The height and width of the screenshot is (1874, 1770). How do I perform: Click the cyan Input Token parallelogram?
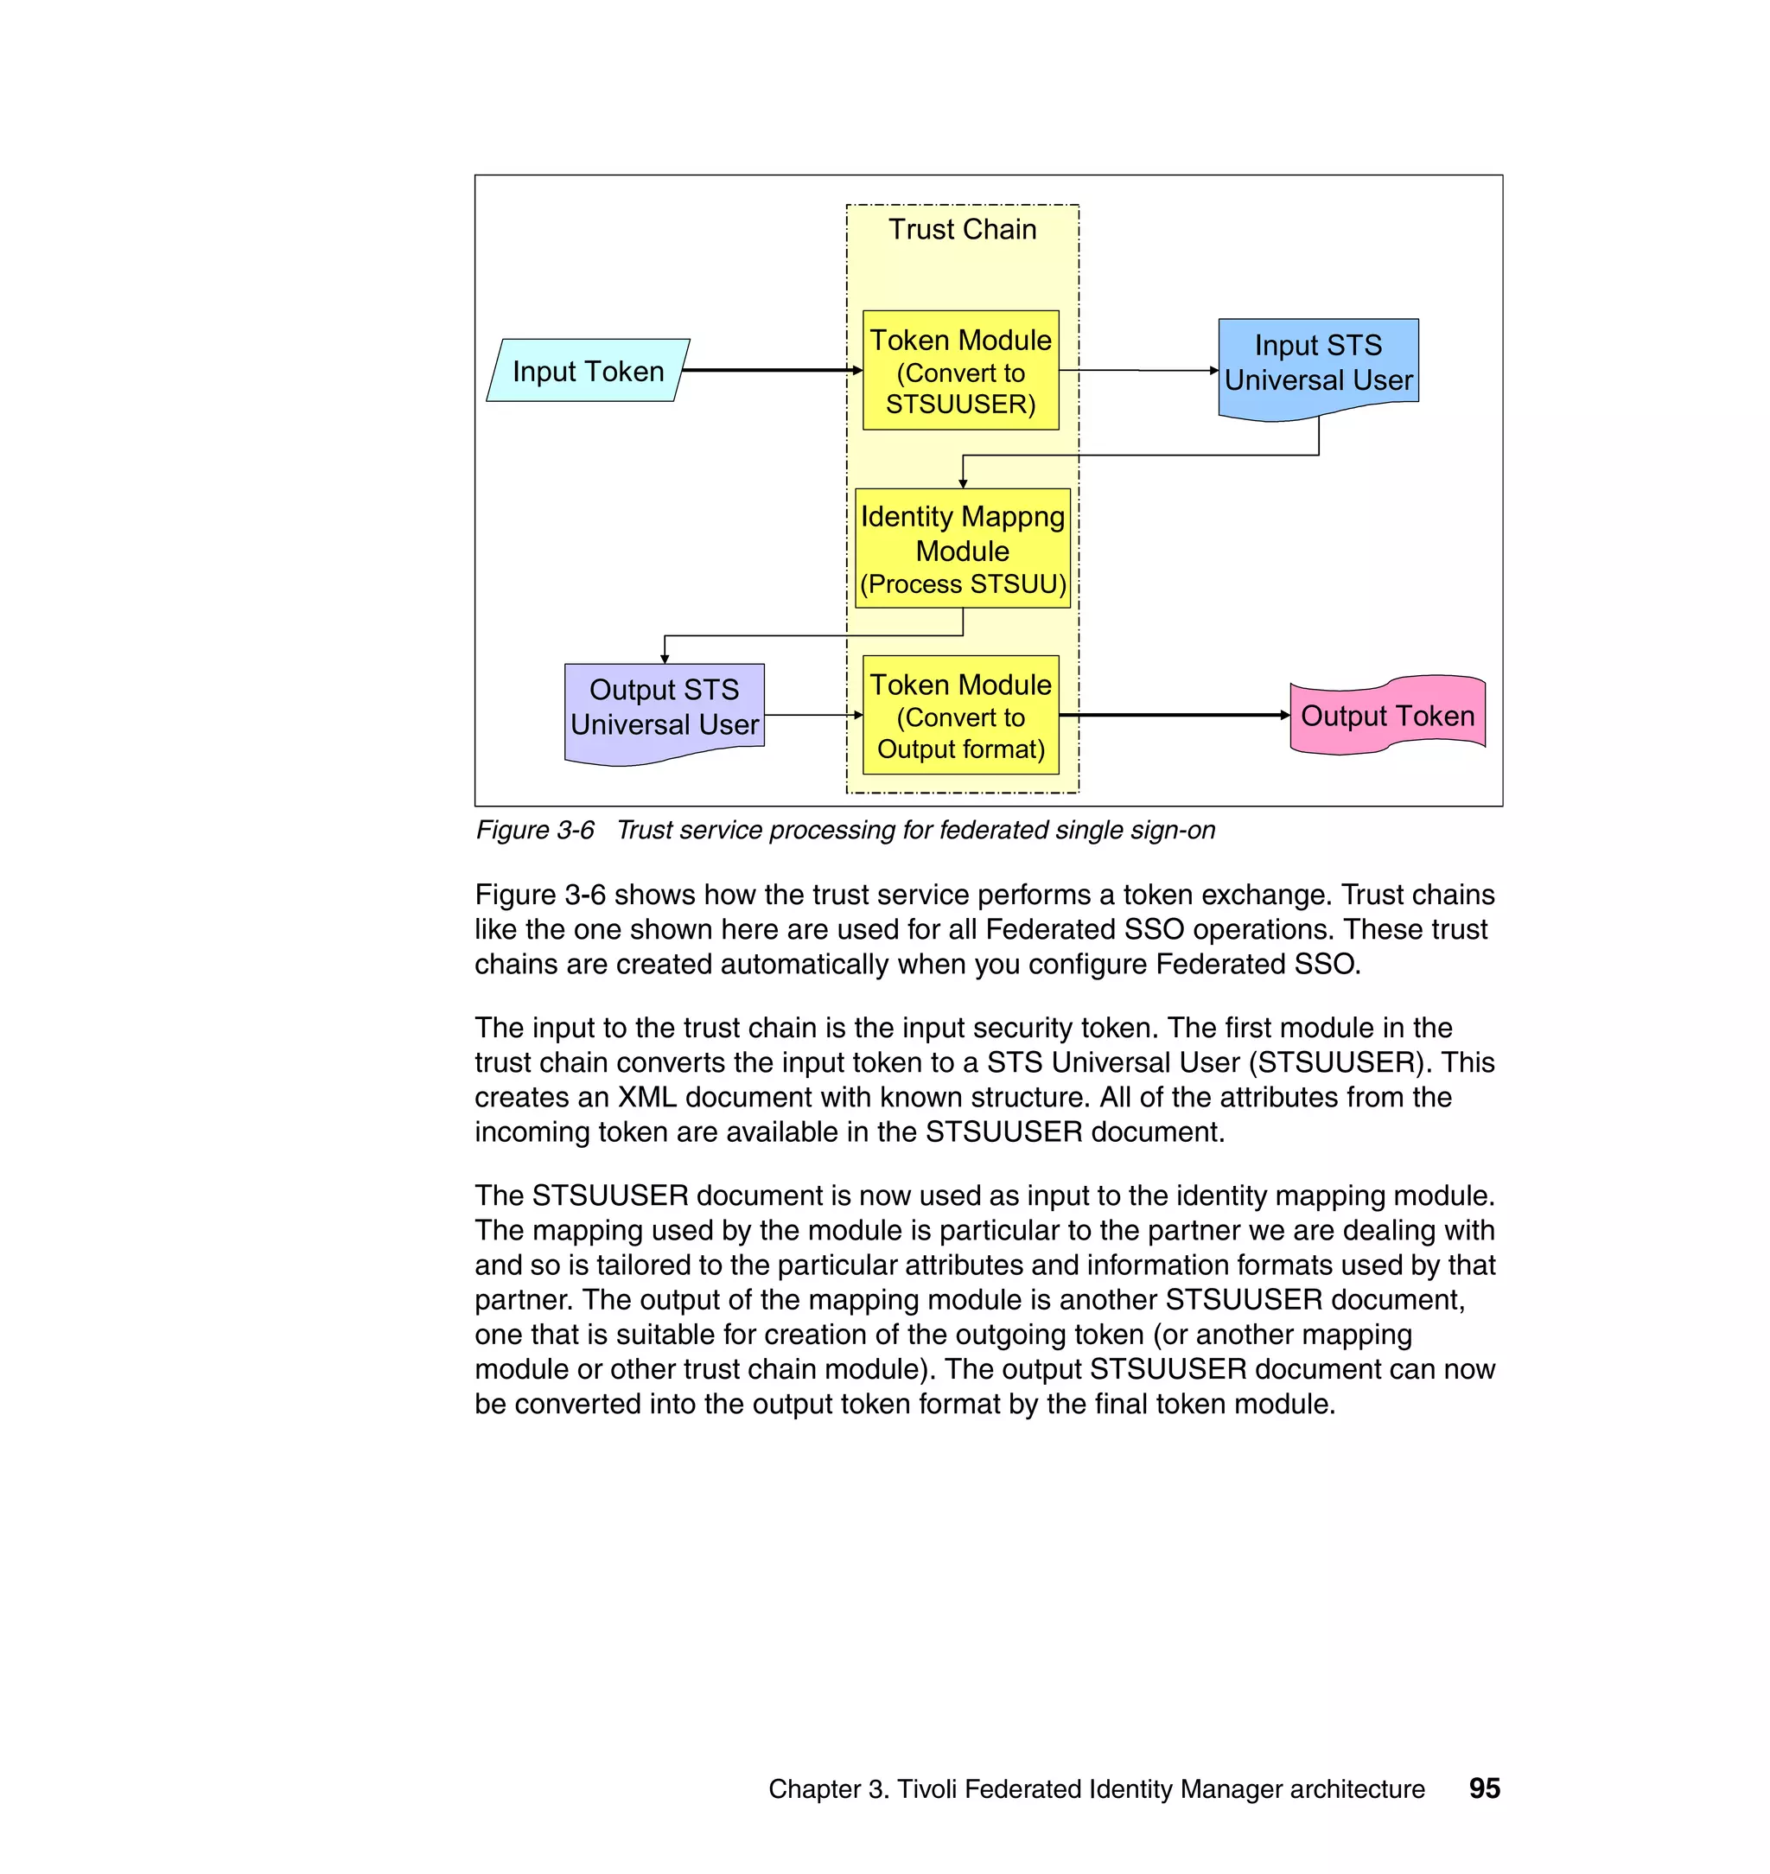click(588, 371)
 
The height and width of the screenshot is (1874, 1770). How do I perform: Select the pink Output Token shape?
click(1387, 715)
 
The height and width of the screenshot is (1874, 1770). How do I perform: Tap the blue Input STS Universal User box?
click(1318, 363)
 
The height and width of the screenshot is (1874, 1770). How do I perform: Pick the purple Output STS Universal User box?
click(665, 708)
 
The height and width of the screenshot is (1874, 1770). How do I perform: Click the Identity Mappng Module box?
click(963, 548)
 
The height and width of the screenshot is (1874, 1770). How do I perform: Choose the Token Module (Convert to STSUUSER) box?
click(960, 371)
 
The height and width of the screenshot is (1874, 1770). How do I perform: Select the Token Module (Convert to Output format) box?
click(960, 715)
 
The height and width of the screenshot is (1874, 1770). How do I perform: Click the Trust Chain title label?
click(963, 229)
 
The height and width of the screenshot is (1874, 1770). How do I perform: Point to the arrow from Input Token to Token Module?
click(769, 370)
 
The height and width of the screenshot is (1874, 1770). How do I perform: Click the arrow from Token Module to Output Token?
click(1174, 715)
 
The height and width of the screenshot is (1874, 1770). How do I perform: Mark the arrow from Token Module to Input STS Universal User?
click(1138, 370)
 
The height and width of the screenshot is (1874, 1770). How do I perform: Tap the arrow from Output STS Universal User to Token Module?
click(812, 715)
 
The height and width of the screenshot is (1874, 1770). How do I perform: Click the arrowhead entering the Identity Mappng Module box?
click(963, 483)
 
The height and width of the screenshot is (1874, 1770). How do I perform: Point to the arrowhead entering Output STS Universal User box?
click(665, 659)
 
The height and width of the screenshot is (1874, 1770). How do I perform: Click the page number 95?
click(1484, 1788)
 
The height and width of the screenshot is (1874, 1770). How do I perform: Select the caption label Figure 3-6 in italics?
click(535, 831)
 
